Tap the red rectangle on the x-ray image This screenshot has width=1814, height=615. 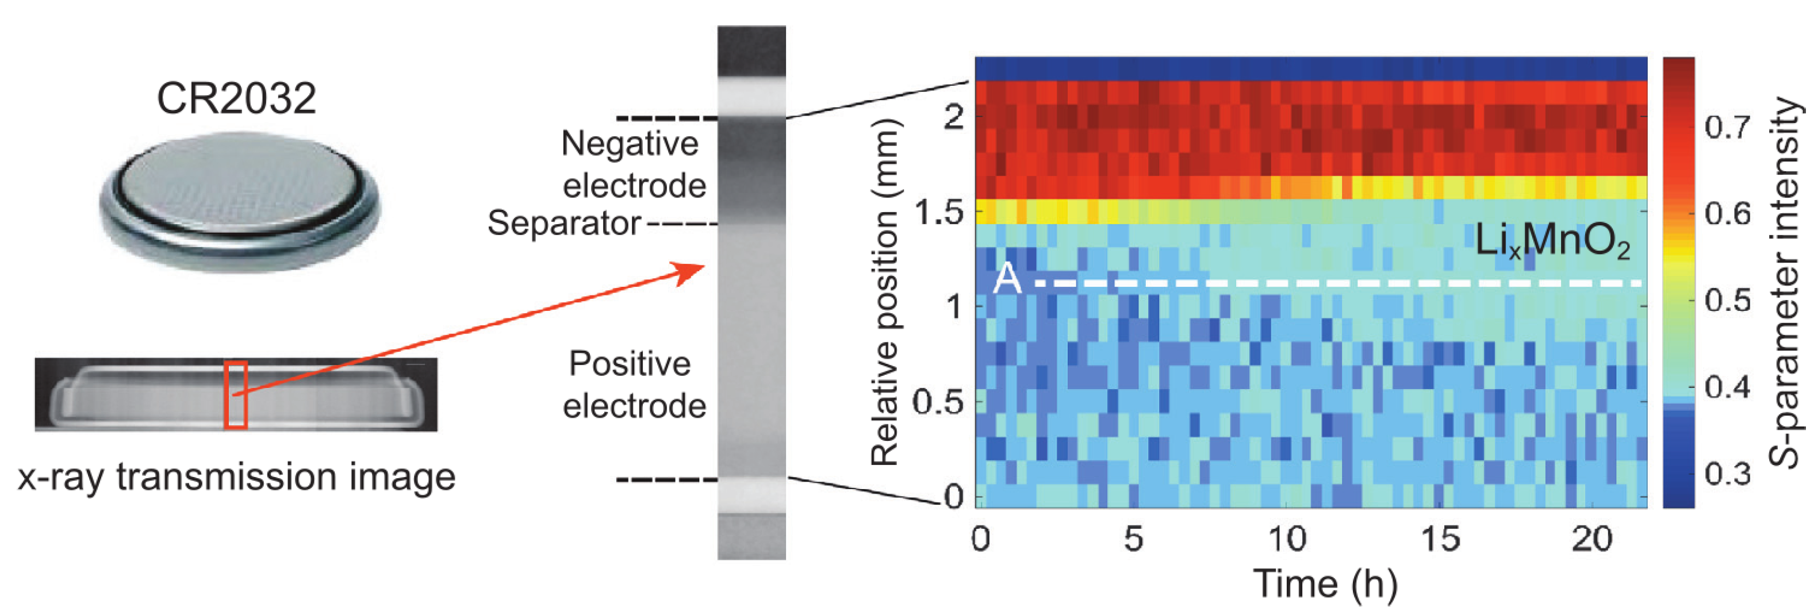(x=236, y=394)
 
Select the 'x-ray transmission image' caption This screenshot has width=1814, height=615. (x=237, y=477)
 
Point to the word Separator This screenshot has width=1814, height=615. (x=563, y=224)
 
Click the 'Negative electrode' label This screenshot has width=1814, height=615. (x=632, y=164)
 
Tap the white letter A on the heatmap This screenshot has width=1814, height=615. (x=1007, y=279)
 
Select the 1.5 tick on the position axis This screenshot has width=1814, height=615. (x=939, y=212)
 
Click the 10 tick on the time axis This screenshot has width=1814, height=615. (x=1287, y=539)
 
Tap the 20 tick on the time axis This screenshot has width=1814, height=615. (x=1591, y=539)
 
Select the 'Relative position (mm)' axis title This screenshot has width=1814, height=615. (x=886, y=292)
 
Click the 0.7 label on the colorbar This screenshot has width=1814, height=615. (x=1727, y=128)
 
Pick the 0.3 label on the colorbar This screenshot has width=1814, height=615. (x=1727, y=474)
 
